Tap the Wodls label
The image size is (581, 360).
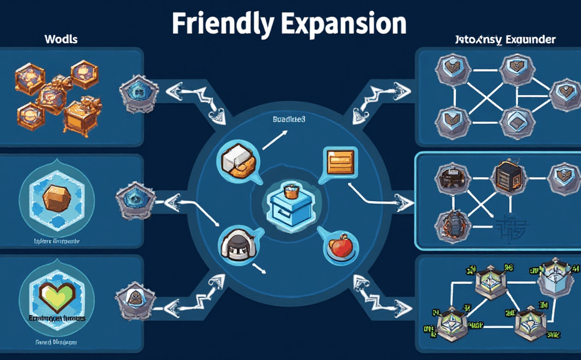pyautogui.click(x=61, y=39)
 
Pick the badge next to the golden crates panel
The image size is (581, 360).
pyautogui.click(x=135, y=93)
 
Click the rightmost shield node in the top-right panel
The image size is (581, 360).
pyautogui.click(x=562, y=94)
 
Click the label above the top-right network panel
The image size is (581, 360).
pyautogui.click(x=505, y=39)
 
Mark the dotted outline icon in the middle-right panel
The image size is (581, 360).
pyautogui.click(x=505, y=225)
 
